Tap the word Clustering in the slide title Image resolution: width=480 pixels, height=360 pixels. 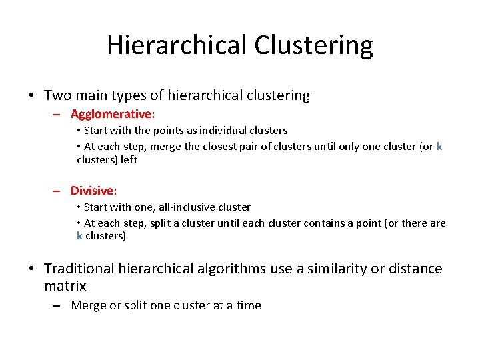(313, 45)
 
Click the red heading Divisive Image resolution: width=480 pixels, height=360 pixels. (93, 191)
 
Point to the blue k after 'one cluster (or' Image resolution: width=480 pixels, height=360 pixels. (439, 147)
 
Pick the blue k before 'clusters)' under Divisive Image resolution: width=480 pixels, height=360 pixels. (79, 236)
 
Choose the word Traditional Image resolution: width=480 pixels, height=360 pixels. (81, 269)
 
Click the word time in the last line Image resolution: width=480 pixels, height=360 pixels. (247, 305)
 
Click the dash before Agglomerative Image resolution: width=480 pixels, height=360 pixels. (59, 115)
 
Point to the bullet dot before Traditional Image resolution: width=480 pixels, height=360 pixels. (32, 269)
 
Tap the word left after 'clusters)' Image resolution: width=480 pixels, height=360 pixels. (129, 160)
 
